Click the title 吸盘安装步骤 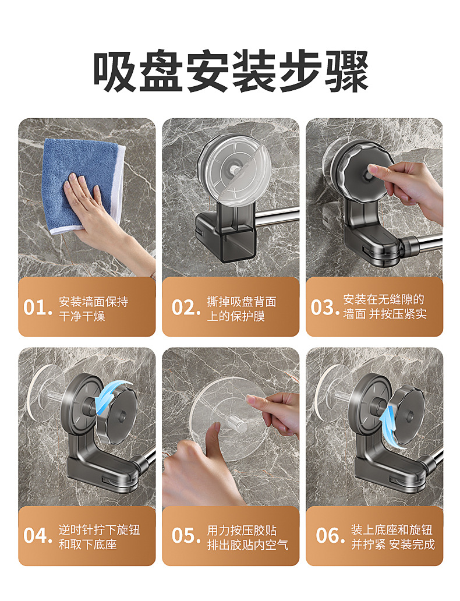pyautogui.click(x=230, y=71)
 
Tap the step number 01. pyautogui.click(x=37, y=307)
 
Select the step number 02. pyautogui.click(x=186, y=307)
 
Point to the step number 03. pyautogui.click(x=324, y=307)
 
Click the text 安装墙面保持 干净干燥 pyautogui.click(x=93, y=309)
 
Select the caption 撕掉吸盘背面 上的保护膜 pyautogui.click(x=241, y=309)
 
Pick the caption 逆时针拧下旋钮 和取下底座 pyautogui.click(x=98, y=537)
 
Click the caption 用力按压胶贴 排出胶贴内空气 pyautogui.click(x=247, y=537)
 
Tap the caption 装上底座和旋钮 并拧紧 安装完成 pyautogui.click(x=392, y=537)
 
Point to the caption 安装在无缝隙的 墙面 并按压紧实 pyautogui.click(x=384, y=307)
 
